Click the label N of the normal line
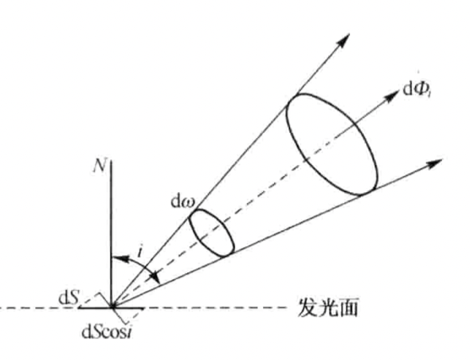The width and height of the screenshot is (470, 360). pyautogui.click(x=100, y=165)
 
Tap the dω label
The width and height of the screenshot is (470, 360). pyautogui.click(x=183, y=202)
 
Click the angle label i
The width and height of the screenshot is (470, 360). pyautogui.click(x=139, y=252)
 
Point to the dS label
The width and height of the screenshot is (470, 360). pyautogui.click(x=69, y=298)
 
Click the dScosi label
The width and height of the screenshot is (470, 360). pyautogui.click(x=107, y=333)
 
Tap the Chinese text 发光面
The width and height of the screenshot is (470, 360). pyautogui.click(x=328, y=308)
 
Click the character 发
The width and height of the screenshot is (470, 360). pyautogui.click(x=307, y=308)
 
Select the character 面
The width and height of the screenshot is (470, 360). pyautogui.click(x=349, y=308)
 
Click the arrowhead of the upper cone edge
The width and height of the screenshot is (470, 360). pyautogui.click(x=344, y=40)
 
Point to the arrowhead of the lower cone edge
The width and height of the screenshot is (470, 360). pyautogui.click(x=435, y=163)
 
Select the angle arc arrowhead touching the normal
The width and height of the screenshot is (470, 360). pyautogui.click(x=119, y=258)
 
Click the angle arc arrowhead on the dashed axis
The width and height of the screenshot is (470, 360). pyautogui.click(x=155, y=277)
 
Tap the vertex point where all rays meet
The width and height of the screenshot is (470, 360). pyautogui.click(x=112, y=307)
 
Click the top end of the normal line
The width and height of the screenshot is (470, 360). pyautogui.click(x=112, y=161)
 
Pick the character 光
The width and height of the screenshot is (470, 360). pyautogui.click(x=328, y=308)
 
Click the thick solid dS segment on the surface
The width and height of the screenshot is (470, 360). pyautogui.click(x=112, y=308)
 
